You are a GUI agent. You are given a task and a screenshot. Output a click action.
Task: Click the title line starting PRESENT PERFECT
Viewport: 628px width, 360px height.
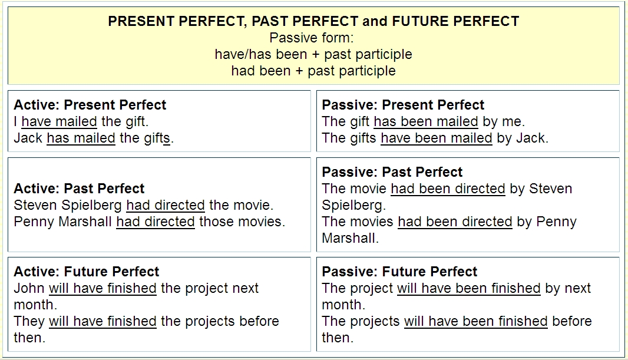[313, 22]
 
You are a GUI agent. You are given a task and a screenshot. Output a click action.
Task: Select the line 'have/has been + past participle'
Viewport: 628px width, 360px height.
[313, 55]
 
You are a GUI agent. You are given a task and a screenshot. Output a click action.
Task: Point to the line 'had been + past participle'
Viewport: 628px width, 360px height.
[313, 71]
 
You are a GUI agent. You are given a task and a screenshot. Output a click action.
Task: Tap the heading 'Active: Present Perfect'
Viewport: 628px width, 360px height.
[90, 105]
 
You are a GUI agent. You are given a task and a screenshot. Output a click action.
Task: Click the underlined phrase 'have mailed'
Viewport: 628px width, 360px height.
[59, 122]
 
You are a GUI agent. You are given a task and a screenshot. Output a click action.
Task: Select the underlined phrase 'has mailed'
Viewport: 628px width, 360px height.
[81, 138]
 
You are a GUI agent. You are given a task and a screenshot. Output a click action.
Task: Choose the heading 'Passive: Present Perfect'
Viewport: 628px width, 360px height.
[403, 105]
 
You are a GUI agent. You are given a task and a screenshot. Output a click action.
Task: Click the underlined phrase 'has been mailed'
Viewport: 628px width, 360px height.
[426, 122]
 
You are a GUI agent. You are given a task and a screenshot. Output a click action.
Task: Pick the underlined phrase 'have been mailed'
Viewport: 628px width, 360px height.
[436, 138]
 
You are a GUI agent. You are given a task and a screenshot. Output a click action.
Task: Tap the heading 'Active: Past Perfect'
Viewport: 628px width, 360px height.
[79, 189]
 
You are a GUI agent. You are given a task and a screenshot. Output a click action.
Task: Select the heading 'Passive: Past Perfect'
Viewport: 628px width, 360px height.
[392, 172]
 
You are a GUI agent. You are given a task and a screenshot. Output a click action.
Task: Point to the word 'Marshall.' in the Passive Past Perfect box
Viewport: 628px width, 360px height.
[350, 239]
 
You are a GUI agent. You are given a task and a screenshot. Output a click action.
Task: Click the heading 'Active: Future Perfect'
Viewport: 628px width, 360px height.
[87, 272]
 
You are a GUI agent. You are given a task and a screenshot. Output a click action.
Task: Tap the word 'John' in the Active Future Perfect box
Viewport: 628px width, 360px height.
[29, 289]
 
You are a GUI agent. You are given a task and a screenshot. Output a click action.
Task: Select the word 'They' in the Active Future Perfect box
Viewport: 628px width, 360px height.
[29, 322]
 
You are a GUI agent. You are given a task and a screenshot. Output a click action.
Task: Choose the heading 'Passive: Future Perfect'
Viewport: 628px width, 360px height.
[399, 272]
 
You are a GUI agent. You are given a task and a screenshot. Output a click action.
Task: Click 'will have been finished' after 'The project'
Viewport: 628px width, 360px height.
[469, 289]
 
